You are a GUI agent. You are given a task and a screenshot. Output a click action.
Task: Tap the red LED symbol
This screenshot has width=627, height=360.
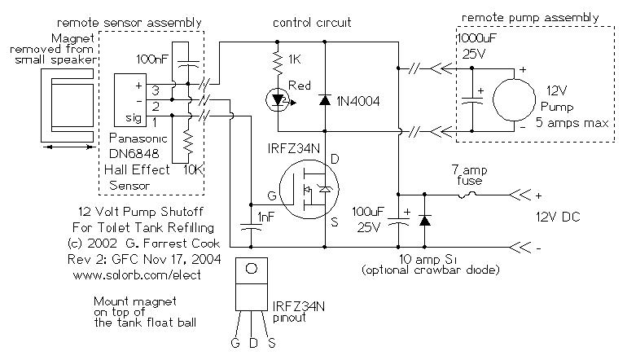point(278,100)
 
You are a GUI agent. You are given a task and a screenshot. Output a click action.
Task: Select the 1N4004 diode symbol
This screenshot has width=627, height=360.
point(325,99)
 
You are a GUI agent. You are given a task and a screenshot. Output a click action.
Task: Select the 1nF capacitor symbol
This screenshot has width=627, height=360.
point(251,227)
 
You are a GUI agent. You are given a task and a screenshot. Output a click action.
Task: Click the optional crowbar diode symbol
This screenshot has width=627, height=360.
point(424,221)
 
